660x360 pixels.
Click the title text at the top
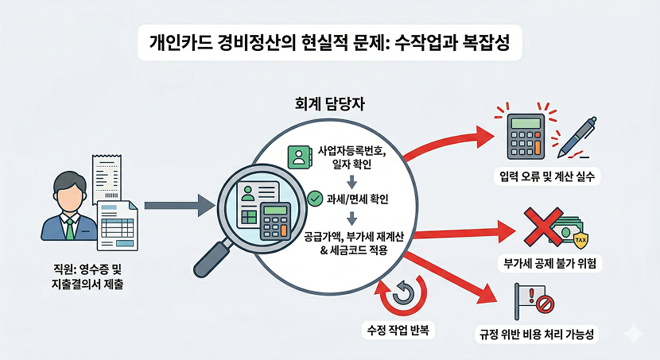pos(330,41)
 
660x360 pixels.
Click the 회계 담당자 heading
pos(331,105)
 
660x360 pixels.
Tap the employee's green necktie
pos(70,227)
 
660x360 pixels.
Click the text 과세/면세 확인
pos(343,199)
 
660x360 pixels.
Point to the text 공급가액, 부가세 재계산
pos(345,238)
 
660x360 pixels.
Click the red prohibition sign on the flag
pos(545,303)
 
